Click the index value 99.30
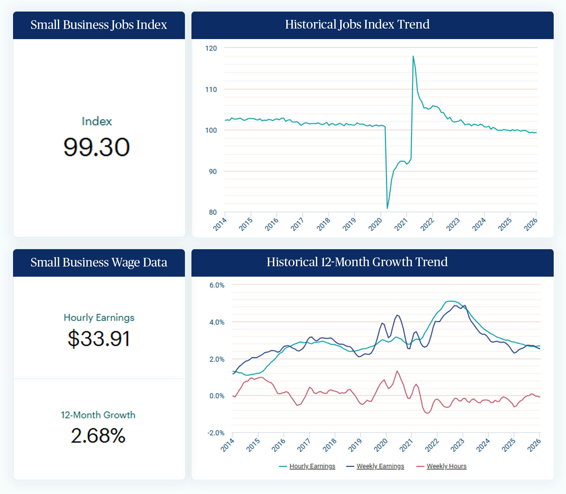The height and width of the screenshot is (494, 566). (x=96, y=147)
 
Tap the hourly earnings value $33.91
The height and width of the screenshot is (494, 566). (x=99, y=338)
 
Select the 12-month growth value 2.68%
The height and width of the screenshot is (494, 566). (x=98, y=435)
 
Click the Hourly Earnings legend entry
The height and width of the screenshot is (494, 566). (x=312, y=466)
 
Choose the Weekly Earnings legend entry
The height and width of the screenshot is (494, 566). (x=380, y=466)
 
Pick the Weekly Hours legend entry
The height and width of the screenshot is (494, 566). (x=446, y=466)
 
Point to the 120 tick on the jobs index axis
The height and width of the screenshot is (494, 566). (x=211, y=48)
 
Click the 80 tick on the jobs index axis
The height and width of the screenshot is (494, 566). (x=213, y=212)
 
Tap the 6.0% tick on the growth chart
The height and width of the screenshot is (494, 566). (x=217, y=285)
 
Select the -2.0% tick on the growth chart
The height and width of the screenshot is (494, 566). (x=216, y=433)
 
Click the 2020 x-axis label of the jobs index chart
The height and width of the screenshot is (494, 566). (x=375, y=224)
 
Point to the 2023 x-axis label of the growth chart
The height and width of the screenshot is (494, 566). (x=457, y=445)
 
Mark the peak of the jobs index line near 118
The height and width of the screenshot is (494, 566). (x=413, y=56)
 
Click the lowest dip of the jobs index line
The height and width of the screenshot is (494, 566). (x=387, y=208)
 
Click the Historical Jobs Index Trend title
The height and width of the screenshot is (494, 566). (x=357, y=24)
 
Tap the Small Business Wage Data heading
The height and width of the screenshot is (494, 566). (x=99, y=262)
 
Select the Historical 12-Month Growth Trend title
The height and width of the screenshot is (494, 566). (x=357, y=262)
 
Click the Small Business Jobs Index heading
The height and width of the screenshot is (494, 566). (x=99, y=25)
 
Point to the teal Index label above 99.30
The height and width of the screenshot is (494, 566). (x=97, y=121)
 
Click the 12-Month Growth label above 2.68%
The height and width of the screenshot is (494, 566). (x=98, y=415)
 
